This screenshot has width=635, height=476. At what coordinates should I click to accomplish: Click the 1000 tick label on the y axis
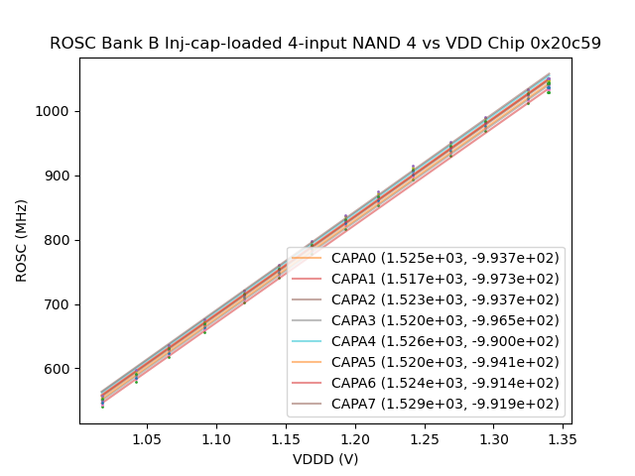tap(58, 111)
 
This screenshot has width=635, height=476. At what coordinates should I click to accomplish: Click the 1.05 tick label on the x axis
tap(147, 438)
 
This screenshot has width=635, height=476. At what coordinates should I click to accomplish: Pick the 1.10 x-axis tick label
tap(216, 438)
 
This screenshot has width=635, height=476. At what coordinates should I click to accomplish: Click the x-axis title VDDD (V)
tap(325, 458)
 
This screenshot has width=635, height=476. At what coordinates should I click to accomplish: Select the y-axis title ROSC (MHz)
tap(21, 241)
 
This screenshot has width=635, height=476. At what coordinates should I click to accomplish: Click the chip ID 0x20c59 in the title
tap(567, 44)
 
